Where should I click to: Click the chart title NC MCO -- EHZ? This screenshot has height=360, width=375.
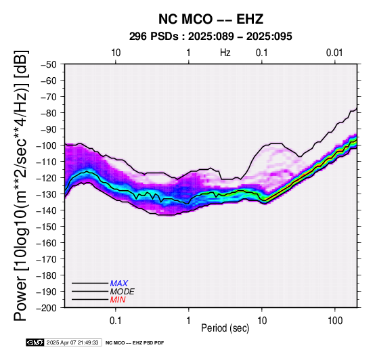211,19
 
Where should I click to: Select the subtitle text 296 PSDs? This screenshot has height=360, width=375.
154,37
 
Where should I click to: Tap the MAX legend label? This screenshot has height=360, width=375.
119,284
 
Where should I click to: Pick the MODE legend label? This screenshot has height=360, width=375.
123,292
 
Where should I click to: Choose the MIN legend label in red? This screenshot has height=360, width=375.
118,300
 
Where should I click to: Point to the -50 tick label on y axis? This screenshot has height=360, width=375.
48,64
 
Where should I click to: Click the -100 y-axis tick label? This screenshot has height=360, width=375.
46,145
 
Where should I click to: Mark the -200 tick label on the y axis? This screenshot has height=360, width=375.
46,308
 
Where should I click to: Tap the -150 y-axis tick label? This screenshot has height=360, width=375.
46,227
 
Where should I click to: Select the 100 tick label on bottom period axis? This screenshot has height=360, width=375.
335,321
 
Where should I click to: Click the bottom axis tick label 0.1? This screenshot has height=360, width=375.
116,321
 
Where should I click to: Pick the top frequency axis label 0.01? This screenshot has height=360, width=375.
334,53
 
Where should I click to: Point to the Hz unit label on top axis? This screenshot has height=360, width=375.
225,53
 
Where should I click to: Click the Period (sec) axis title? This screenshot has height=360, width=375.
225,328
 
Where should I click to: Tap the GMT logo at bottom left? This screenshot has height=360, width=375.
35,342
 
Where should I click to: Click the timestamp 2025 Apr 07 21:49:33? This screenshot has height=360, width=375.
72,342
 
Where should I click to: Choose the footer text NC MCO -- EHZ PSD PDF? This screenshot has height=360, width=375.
135,343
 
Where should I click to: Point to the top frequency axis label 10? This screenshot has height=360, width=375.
116,53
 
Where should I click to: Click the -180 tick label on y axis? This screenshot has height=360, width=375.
46,275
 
